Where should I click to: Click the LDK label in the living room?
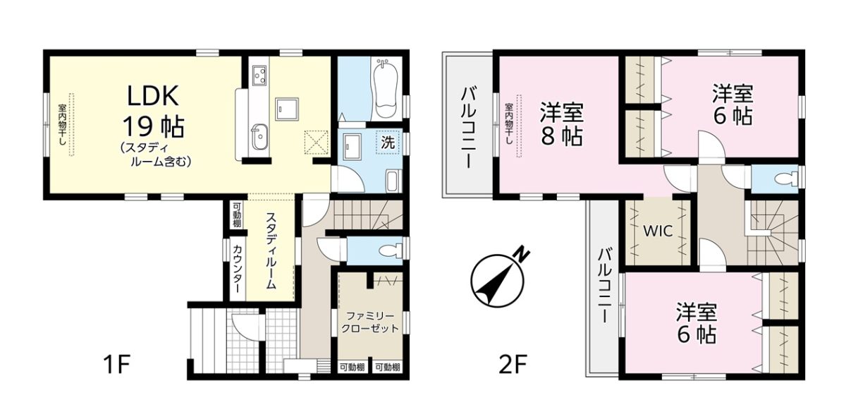153,96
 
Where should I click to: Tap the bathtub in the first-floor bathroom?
386,89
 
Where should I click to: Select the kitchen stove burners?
260,76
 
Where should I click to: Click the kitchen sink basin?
260,136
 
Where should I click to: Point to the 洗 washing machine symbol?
388,142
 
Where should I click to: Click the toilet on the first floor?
390,250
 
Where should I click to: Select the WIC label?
658,231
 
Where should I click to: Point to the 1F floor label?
117,364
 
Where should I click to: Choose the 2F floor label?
513,364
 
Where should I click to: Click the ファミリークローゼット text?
369,322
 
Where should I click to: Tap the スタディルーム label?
271,251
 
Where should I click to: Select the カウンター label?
238,269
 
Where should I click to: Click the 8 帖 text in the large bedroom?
562,135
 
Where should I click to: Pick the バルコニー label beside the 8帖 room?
467,128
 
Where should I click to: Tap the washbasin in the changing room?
352,147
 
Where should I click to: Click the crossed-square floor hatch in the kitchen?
317,142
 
